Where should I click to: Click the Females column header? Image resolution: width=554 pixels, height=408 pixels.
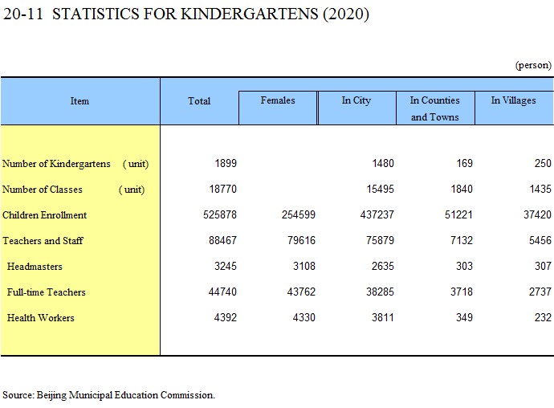pos(278,100)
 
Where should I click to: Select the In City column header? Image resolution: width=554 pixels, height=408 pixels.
pos(356,100)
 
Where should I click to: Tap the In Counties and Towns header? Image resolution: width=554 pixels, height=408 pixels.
pos(435,108)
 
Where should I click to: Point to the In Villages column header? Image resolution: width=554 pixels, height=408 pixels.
pos(513,100)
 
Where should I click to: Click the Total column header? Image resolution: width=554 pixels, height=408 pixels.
pos(199,101)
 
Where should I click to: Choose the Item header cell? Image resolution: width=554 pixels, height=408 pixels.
pos(79,101)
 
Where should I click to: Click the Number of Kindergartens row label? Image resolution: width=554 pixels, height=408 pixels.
pos(56,164)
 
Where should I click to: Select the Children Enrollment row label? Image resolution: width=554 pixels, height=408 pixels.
pos(44,215)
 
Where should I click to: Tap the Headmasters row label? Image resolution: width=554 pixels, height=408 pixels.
pos(35,266)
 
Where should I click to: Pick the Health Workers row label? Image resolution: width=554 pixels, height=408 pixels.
pos(41,317)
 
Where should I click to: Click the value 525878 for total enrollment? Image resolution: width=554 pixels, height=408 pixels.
pos(220,214)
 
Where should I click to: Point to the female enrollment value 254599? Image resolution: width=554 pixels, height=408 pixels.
pos(299,214)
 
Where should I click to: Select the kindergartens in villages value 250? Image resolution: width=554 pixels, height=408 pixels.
pos(543,163)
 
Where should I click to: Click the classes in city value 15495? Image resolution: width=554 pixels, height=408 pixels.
pos(380,189)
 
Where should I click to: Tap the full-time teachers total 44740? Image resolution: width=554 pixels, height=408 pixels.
pos(222,292)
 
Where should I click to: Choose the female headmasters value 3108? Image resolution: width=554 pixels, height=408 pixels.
pos(304,266)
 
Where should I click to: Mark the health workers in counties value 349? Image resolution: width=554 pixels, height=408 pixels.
pos(464,317)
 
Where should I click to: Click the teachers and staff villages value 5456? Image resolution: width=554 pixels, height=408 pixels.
pos(540,240)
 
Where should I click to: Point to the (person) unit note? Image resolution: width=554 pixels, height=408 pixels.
pos(533,65)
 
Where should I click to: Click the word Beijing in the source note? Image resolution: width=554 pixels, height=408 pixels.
pos(51,395)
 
